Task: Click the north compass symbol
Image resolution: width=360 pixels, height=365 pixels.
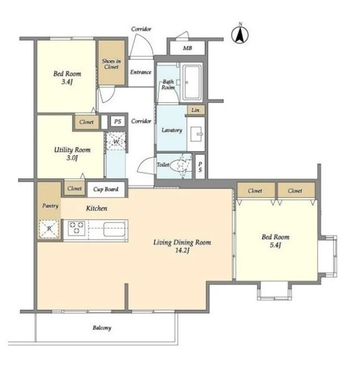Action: tap(240, 35)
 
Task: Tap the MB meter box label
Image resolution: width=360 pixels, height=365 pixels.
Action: tap(187, 48)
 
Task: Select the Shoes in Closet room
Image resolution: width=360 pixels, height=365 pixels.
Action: tap(111, 63)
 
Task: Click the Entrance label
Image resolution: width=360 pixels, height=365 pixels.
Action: tap(141, 72)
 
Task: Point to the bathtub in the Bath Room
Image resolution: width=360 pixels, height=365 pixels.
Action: tap(192, 82)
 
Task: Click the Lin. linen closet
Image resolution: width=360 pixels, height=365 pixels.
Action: tap(196, 110)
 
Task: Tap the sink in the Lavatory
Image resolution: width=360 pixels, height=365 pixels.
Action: tap(196, 134)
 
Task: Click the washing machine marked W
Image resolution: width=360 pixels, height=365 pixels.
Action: tap(116, 141)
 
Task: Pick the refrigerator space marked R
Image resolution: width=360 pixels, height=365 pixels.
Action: tap(49, 229)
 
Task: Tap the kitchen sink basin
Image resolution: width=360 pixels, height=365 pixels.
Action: tap(114, 229)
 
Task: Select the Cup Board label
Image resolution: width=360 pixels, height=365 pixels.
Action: tap(106, 189)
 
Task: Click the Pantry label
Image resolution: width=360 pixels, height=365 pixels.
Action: tap(50, 206)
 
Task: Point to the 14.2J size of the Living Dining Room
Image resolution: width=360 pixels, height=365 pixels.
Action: tap(182, 251)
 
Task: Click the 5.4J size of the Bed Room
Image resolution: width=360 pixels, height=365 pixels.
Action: tap(275, 245)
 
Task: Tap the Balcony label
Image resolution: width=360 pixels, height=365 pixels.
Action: tap(102, 328)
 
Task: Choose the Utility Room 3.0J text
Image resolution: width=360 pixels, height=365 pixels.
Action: tap(72, 154)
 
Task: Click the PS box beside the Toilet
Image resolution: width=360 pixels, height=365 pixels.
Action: tap(200, 167)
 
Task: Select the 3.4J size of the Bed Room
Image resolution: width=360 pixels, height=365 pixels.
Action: tap(67, 82)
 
